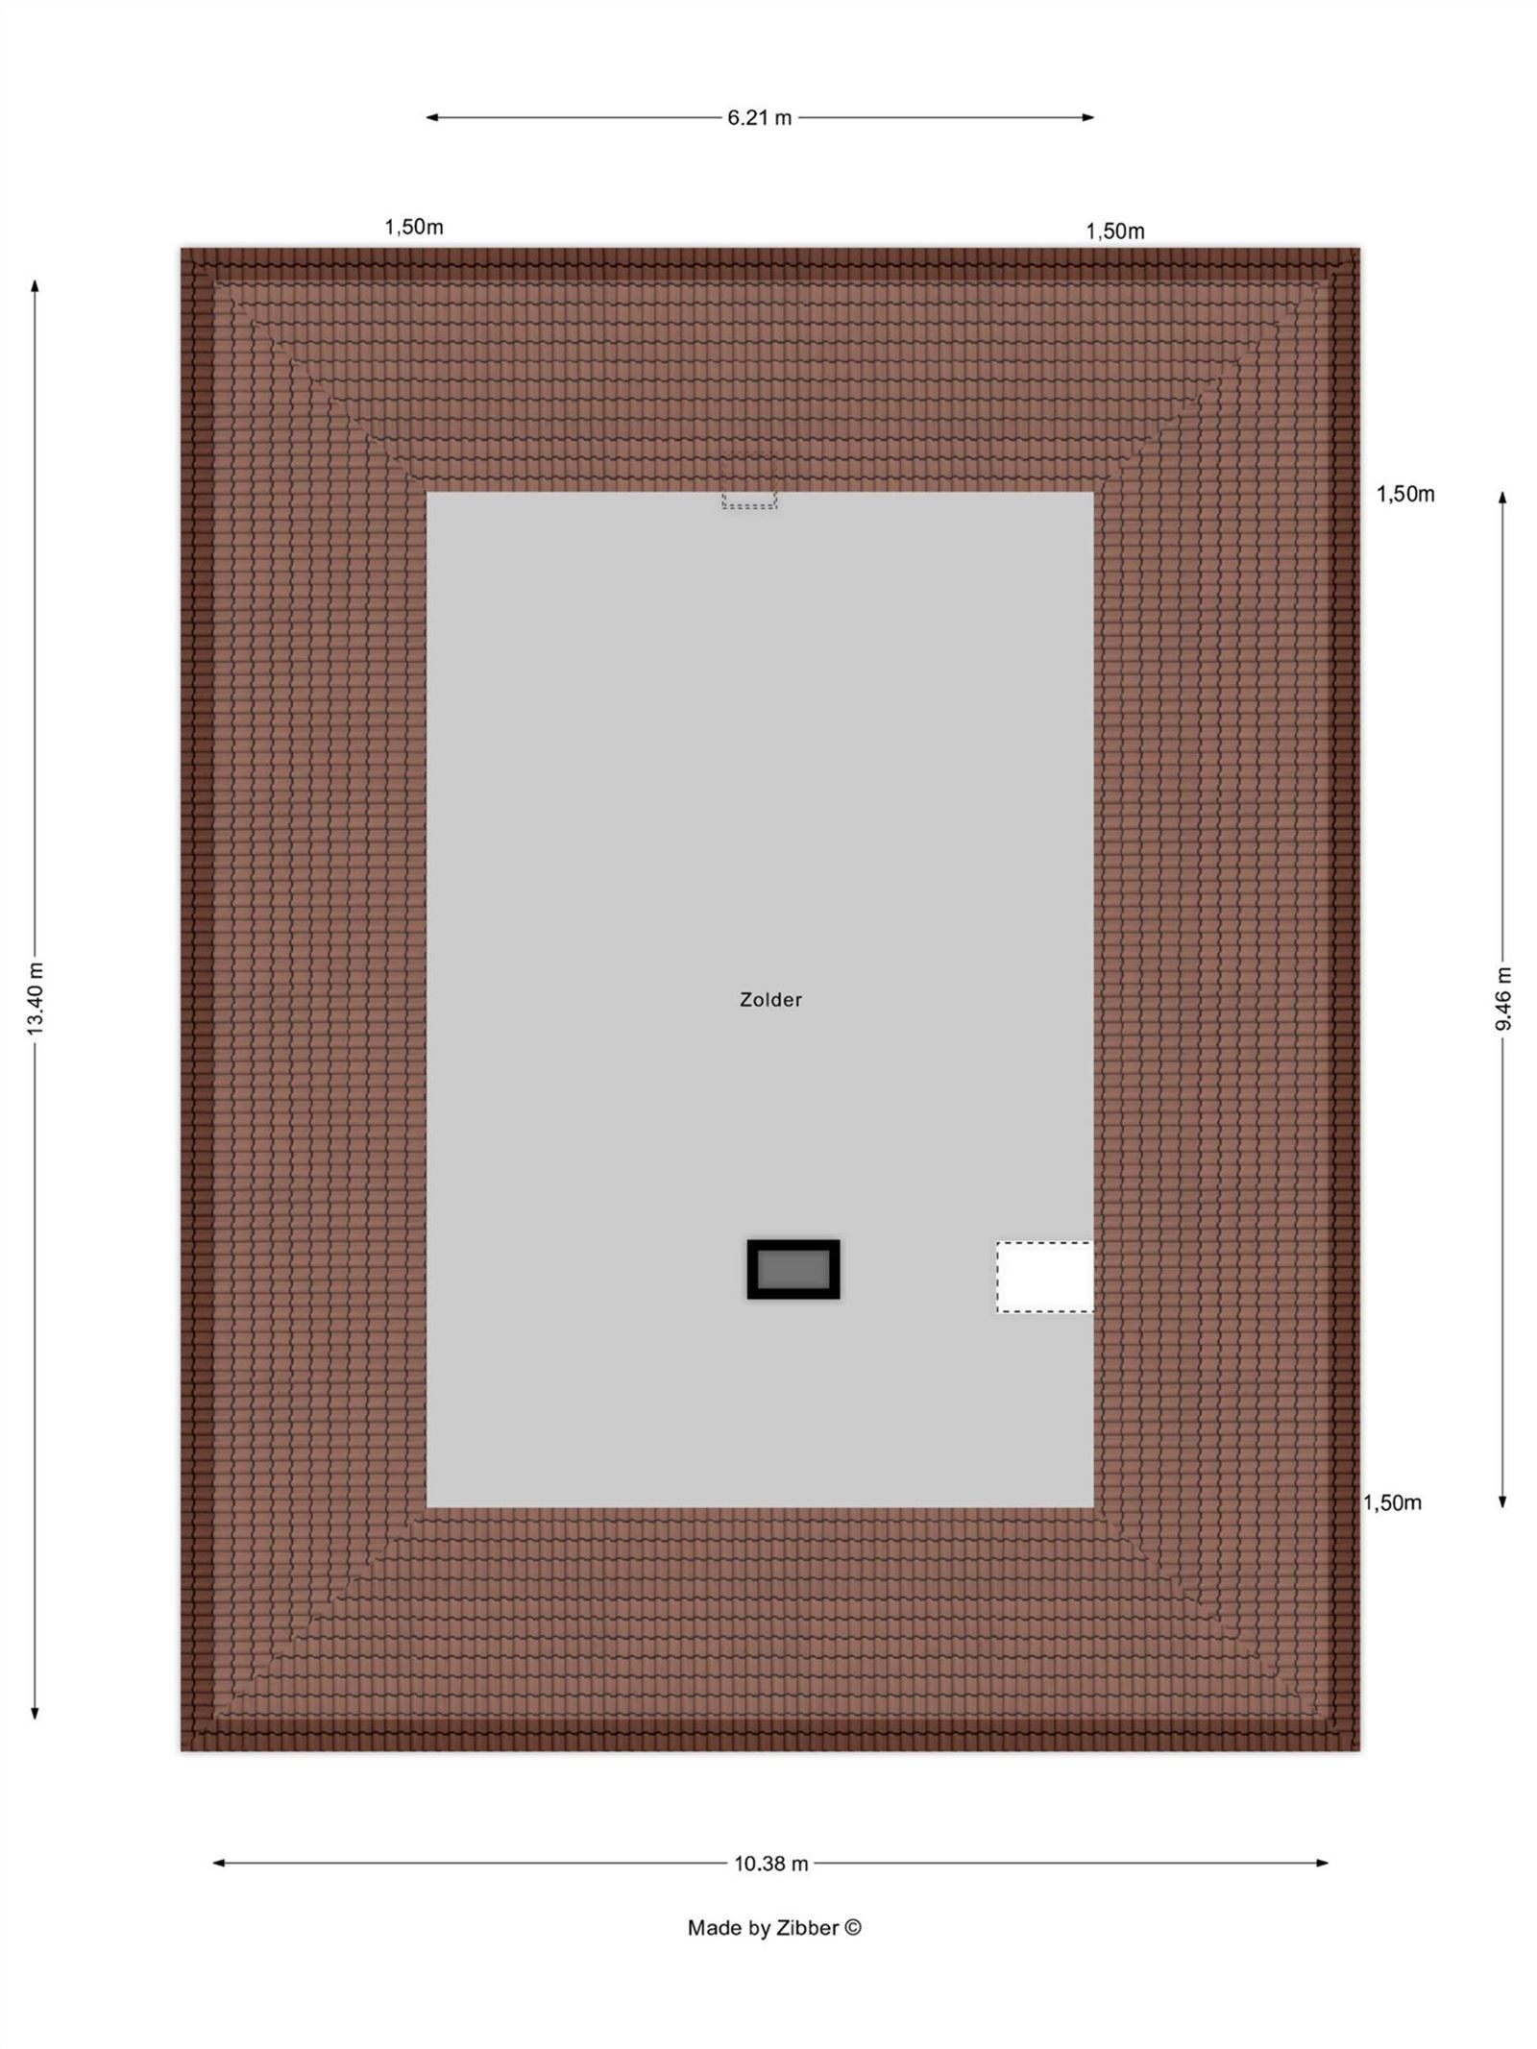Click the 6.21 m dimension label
click(x=759, y=118)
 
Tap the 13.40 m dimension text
click(x=36, y=998)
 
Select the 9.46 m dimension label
click(x=1503, y=998)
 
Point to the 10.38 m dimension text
click(x=771, y=1864)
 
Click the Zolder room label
click(x=770, y=1000)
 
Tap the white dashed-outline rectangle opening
click(x=1045, y=1277)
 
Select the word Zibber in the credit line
click(x=812, y=1928)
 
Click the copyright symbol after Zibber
click(x=853, y=1928)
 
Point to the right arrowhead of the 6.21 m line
click(x=1088, y=118)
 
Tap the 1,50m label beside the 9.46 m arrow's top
click(x=1405, y=494)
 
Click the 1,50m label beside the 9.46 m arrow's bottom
click(x=1392, y=1502)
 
